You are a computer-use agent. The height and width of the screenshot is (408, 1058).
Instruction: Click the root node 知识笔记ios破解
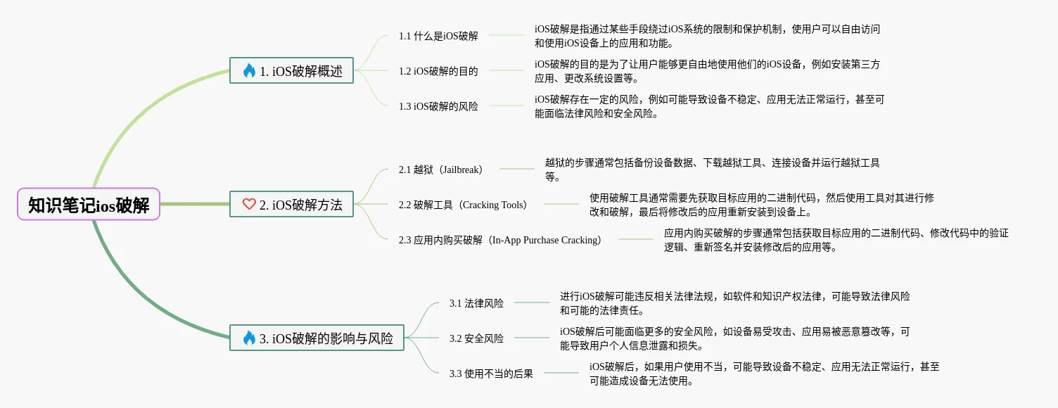pyautogui.click(x=89, y=205)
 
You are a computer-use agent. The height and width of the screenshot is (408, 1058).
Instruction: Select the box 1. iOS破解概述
pyautogui.click(x=291, y=70)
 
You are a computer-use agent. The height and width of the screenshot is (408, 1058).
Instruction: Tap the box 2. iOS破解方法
pyautogui.click(x=291, y=204)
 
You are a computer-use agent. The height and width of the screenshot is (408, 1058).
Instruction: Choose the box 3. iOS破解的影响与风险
pyautogui.click(x=317, y=338)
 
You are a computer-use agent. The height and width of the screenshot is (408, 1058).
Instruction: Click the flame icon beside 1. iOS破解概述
pyautogui.click(x=248, y=70)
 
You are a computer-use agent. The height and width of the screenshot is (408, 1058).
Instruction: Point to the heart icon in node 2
pyautogui.click(x=248, y=204)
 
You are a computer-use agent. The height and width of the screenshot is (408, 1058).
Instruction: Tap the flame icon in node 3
pyautogui.click(x=248, y=338)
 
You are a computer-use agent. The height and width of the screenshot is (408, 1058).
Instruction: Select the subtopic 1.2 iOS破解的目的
pyautogui.click(x=438, y=71)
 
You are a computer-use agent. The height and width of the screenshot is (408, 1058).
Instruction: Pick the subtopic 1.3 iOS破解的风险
pyautogui.click(x=438, y=106)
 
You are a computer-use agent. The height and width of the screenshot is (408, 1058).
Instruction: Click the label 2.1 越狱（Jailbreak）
pyautogui.click(x=440, y=170)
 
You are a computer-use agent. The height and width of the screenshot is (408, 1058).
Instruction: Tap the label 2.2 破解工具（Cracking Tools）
pyautogui.click(x=462, y=205)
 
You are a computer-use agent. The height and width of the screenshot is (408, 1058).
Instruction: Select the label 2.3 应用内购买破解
pyautogui.click(x=499, y=240)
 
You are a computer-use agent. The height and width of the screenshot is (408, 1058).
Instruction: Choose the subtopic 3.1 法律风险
pyautogui.click(x=476, y=303)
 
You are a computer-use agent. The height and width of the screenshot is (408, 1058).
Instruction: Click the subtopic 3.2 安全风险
pyautogui.click(x=476, y=338)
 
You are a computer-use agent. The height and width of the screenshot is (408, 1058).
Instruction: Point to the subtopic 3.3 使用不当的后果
pyautogui.click(x=491, y=374)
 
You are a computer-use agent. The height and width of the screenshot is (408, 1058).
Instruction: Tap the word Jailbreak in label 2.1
pyautogui.click(x=461, y=170)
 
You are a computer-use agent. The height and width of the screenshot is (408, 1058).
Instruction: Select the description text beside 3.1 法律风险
pyautogui.click(x=734, y=303)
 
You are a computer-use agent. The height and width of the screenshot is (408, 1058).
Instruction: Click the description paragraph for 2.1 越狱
pyautogui.click(x=712, y=170)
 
